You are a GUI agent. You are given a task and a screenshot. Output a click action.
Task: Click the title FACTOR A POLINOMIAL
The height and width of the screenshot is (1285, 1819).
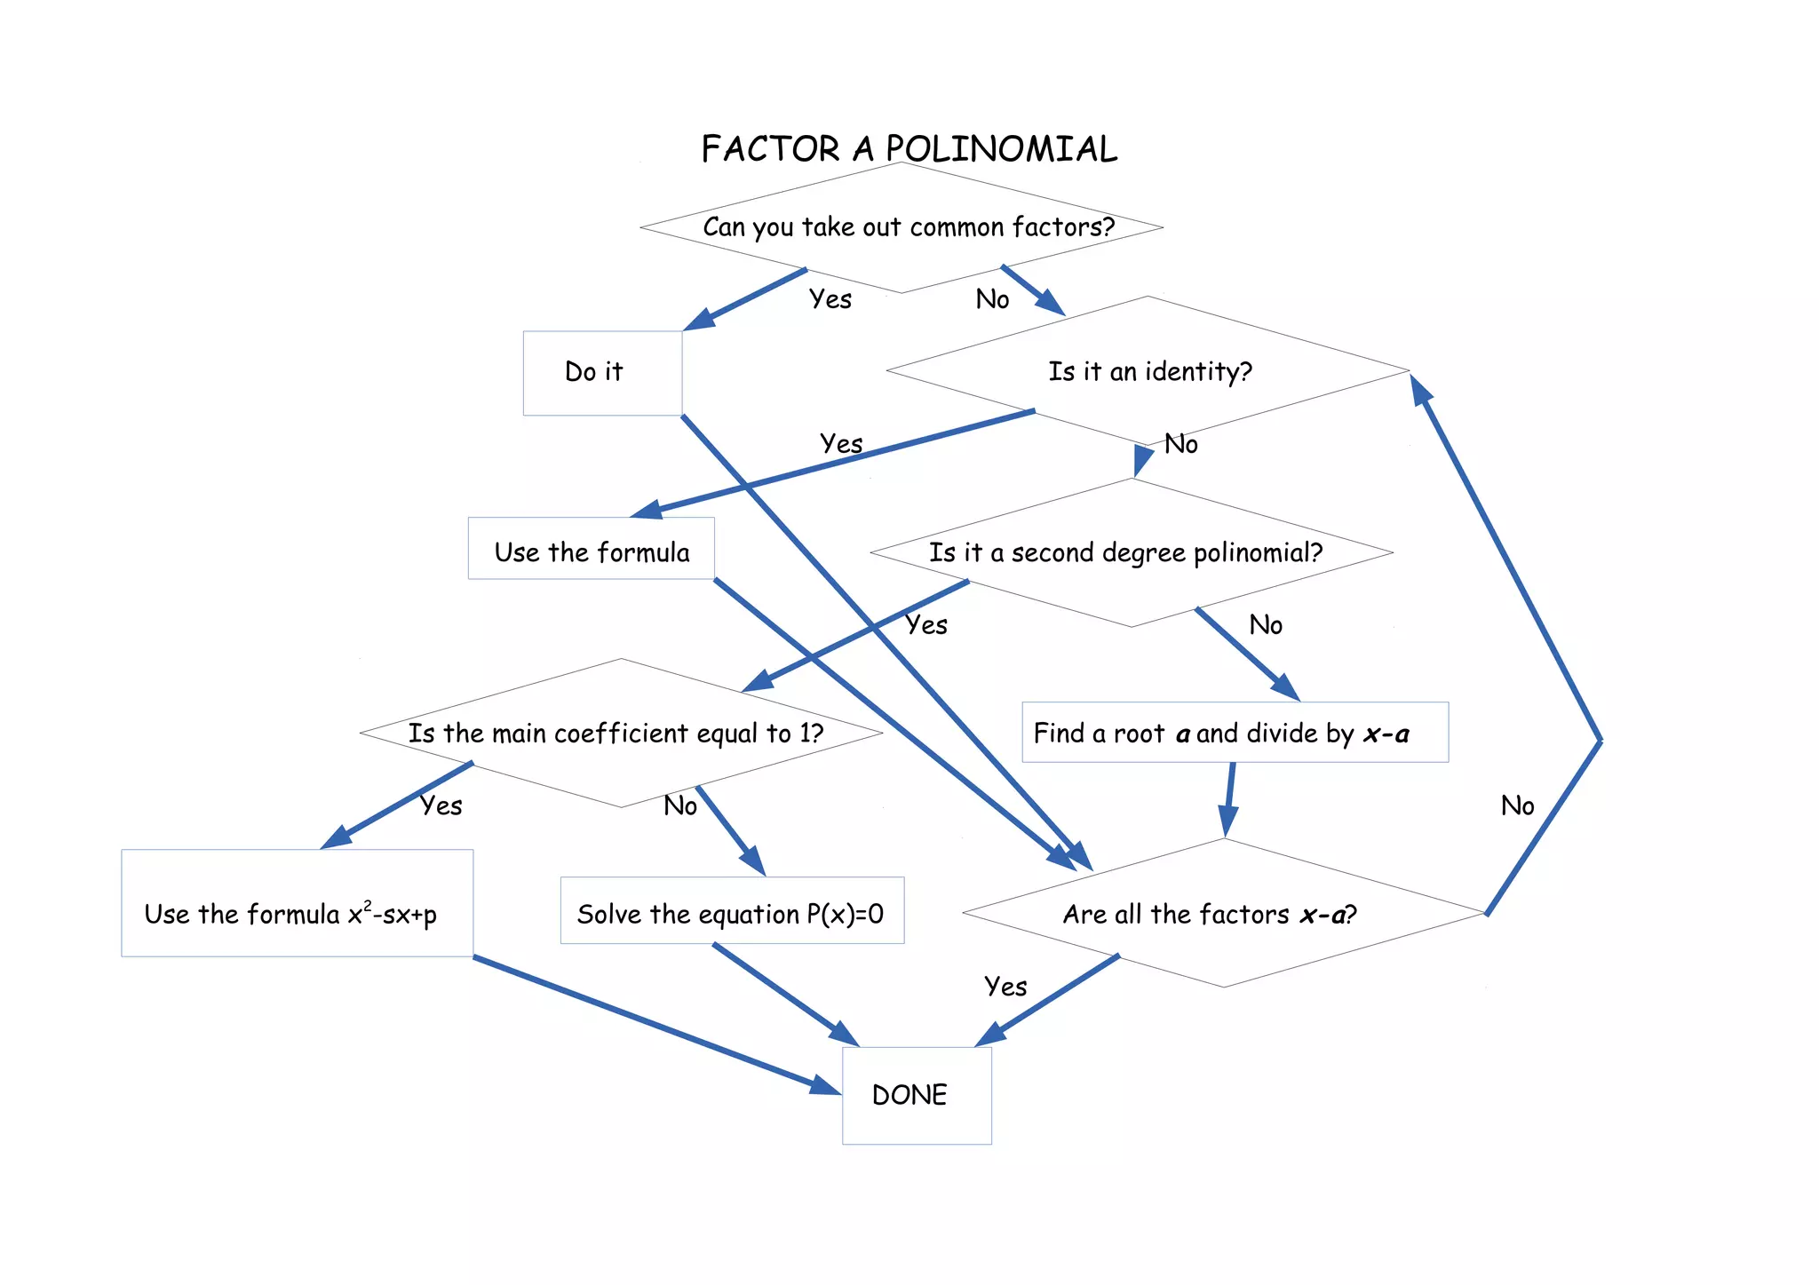[x=909, y=149]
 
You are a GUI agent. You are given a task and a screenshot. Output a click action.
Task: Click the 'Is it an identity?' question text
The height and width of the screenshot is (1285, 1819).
[x=1149, y=371]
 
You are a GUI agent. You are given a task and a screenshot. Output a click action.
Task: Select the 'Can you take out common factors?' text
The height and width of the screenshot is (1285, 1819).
[x=908, y=227]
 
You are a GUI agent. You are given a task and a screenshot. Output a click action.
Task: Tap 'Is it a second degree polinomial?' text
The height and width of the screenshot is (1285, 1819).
[x=1125, y=552]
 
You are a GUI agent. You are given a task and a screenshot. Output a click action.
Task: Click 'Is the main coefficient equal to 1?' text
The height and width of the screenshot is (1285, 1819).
[x=616, y=734]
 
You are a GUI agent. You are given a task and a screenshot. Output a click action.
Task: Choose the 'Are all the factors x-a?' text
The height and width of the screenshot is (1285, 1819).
[x=1210, y=914]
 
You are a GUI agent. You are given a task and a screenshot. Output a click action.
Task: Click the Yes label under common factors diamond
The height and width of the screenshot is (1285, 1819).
[x=830, y=299]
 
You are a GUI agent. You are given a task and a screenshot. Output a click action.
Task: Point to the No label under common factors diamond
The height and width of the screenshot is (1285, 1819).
[x=992, y=299]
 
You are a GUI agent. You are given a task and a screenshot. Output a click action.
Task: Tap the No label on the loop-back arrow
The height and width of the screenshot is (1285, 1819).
[x=1517, y=805]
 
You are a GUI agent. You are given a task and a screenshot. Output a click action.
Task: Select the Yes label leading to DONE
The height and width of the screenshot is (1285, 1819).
[x=1005, y=986]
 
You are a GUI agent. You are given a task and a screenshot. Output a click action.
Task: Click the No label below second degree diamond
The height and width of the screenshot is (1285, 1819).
[x=1265, y=625]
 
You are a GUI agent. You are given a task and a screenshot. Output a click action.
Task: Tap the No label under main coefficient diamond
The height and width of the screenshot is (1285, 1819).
[x=679, y=805]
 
